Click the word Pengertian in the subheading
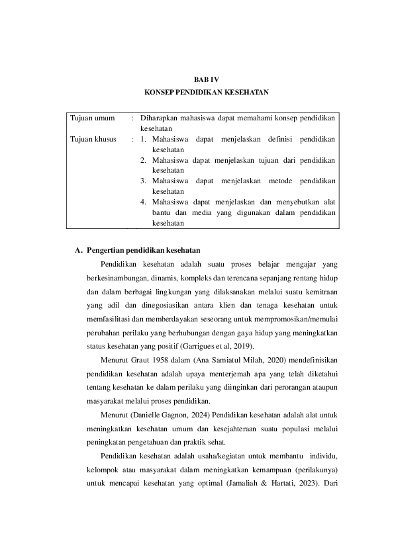[107, 249]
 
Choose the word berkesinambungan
[117, 277]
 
